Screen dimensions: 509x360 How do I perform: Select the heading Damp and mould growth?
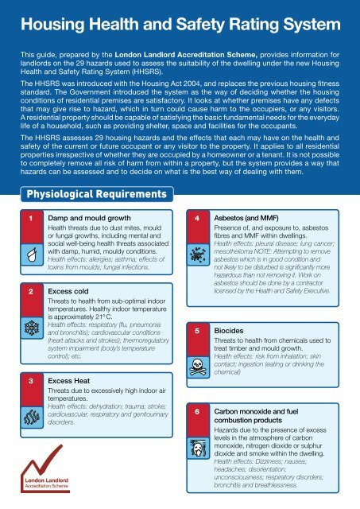83,217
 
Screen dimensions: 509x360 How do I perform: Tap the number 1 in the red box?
29,217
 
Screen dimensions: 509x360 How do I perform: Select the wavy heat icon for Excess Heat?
29,414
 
